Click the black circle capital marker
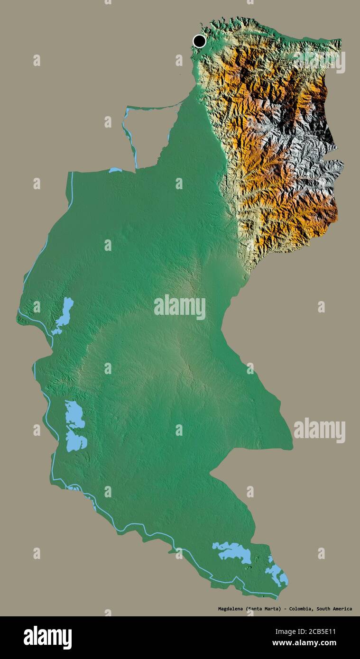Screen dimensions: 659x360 pos(200,41)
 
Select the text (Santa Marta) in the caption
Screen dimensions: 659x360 pos(263,609)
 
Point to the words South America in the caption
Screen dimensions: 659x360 pos(334,609)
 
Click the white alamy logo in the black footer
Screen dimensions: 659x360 pos(48,638)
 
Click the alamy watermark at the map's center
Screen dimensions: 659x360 pos(180,307)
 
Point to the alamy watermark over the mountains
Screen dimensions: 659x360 pos(319,62)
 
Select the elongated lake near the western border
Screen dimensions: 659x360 pos(64,315)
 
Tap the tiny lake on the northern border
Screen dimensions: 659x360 pos(115,170)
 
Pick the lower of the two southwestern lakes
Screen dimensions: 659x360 pos(76,441)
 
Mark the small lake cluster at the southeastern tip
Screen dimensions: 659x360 pos(277,573)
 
